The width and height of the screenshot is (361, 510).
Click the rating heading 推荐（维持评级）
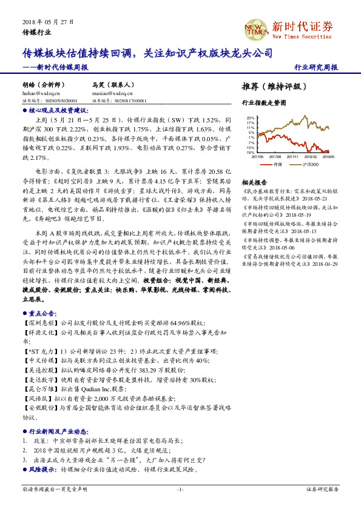(270, 86)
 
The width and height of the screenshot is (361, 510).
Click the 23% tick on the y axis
(250, 118)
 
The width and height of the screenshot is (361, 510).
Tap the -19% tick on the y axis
(250, 153)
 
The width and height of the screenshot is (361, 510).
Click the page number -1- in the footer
(180, 489)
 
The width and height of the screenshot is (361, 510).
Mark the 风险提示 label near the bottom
(41, 469)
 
